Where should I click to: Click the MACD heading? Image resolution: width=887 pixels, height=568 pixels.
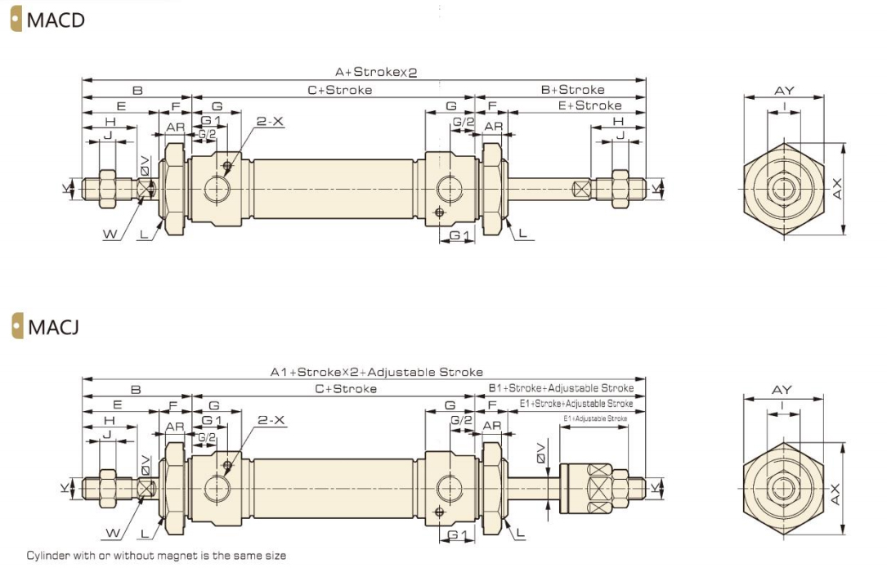[x=55, y=20]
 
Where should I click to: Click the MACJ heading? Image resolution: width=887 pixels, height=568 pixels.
[x=53, y=329]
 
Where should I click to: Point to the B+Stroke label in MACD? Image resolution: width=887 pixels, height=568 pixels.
[x=572, y=89]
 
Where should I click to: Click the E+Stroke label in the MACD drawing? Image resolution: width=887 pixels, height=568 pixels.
[x=589, y=105]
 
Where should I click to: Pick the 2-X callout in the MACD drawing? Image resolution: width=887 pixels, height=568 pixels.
[x=270, y=122]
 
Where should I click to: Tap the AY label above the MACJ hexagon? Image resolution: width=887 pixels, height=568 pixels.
[x=782, y=390]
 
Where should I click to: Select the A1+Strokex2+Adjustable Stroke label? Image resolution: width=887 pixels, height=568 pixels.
[x=377, y=372]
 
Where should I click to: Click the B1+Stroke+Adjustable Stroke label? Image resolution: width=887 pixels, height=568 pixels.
[x=561, y=388]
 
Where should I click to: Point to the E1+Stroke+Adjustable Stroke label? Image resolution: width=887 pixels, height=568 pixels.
[x=576, y=404]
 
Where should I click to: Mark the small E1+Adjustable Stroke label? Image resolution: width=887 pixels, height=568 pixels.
[x=595, y=418]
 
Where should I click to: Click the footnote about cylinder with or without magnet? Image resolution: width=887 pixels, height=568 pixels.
[x=156, y=556]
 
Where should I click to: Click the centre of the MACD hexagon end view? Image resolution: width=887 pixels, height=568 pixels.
[x=784, y=190]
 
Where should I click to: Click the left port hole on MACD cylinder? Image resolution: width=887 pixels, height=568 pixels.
[x=218, y=190]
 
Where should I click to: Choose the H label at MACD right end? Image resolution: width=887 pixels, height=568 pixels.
[x=618, y=122]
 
